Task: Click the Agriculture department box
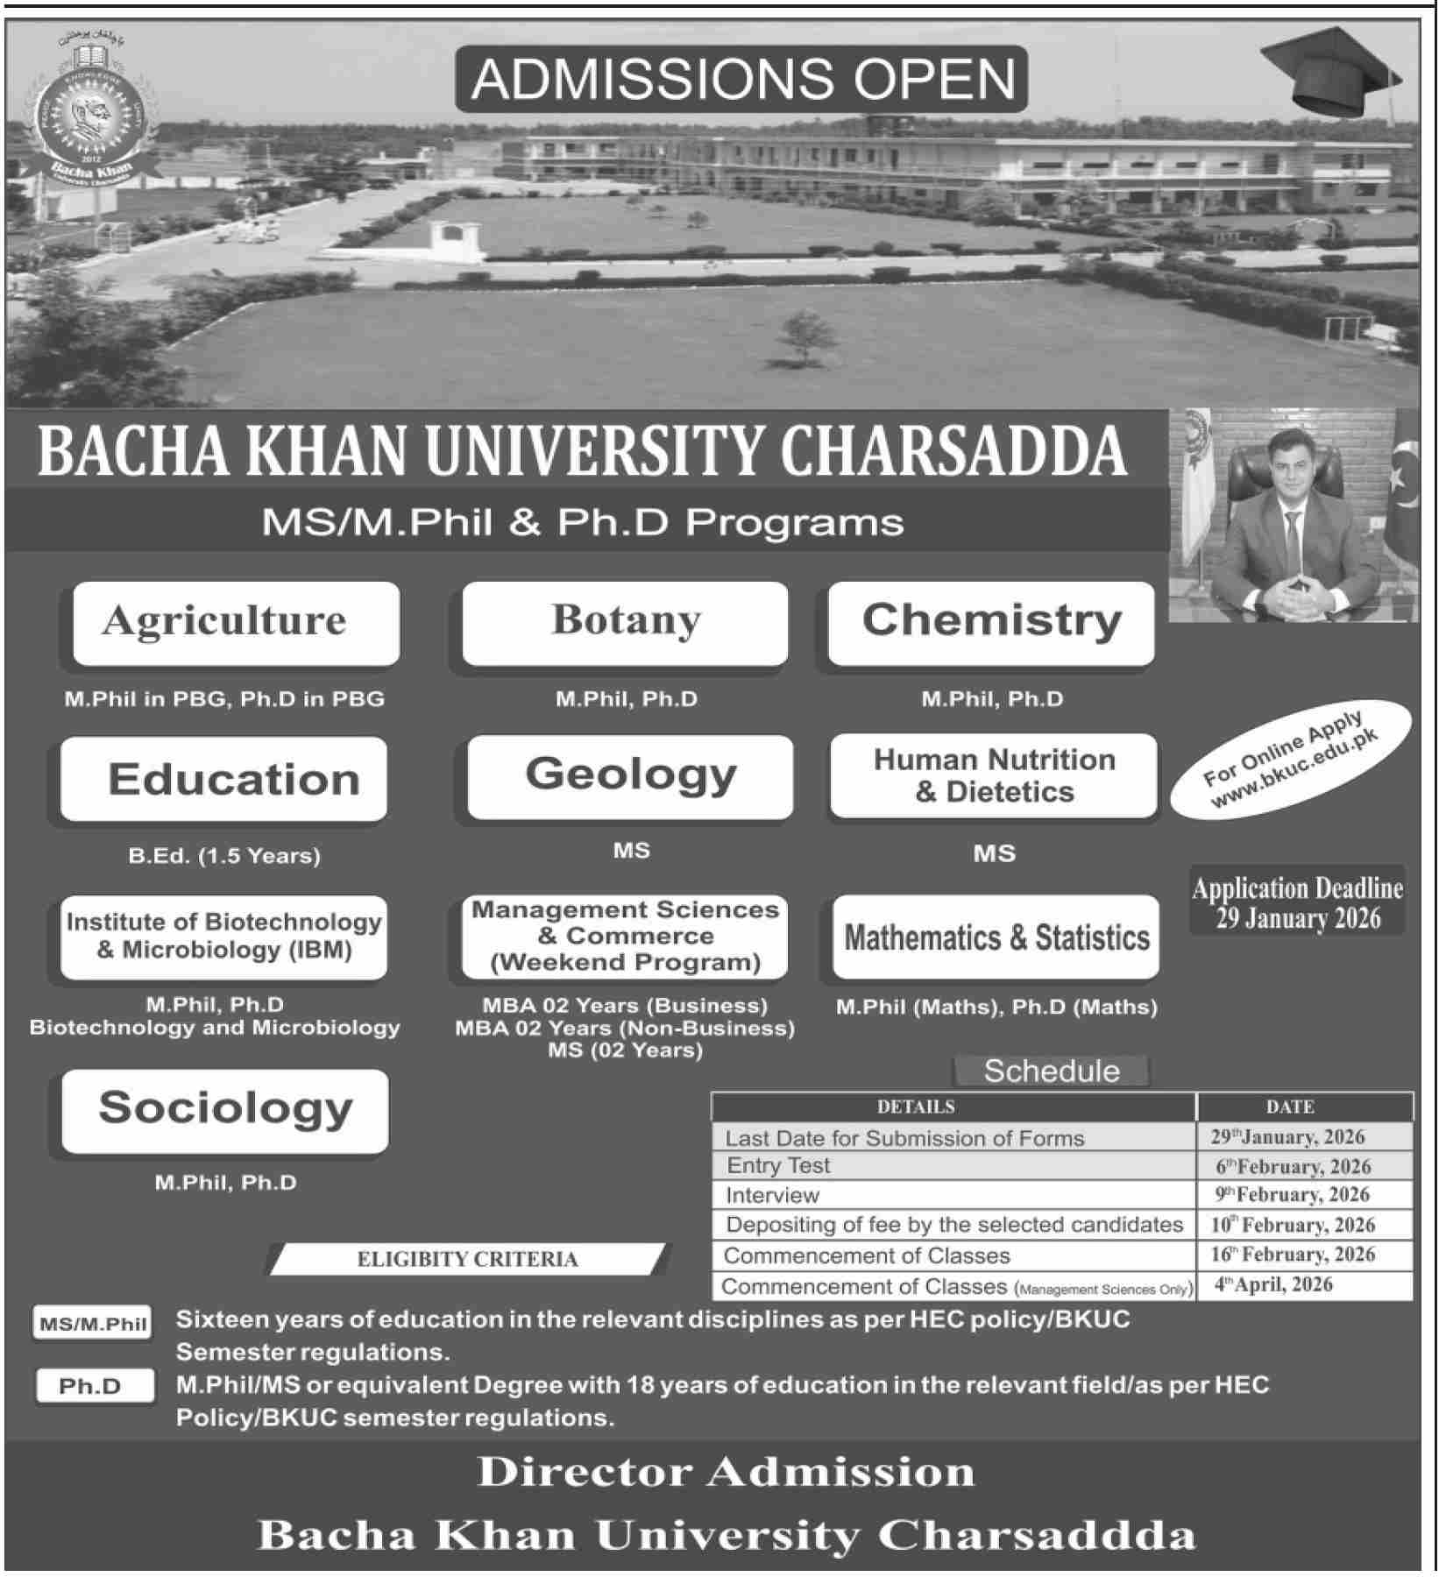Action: pos(236,623)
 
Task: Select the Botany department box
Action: pos(625,622)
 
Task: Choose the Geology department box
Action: pos(630,776)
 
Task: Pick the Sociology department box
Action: pos(225,1109)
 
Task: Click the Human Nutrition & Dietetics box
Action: pos(994,776)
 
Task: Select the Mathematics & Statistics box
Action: pos(996,937)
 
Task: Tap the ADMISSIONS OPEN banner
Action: pos(741,79)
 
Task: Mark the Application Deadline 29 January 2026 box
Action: pos(1297,902)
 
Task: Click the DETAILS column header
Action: pos(916,1107)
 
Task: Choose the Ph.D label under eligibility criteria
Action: pos(91,1387)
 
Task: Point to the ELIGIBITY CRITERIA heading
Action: pos(467,1260)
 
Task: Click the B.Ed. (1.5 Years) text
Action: pos(224,855)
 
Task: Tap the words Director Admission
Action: pos(726,1472)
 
